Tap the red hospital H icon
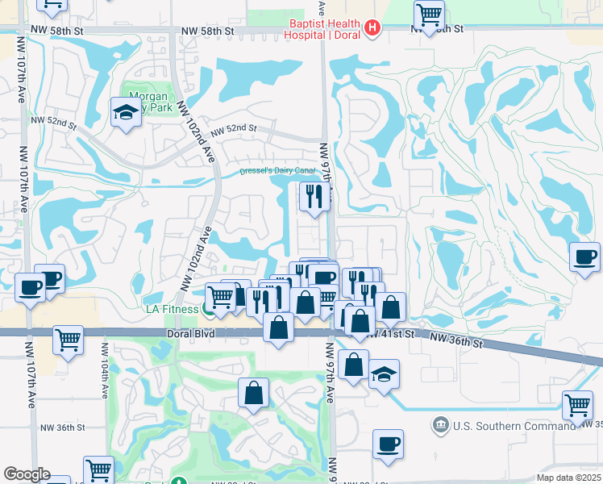pos(372,29)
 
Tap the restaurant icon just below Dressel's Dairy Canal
pos(313,195)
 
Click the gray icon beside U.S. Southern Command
pos(440,424)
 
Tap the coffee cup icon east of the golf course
pos(584,257)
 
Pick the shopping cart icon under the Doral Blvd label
pos(69,339)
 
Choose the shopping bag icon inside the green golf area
pos(253,394)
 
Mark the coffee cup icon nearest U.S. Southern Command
pos(388,444)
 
